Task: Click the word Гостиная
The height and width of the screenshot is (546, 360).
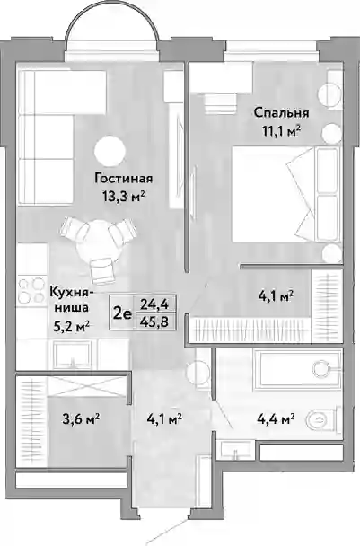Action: (124, 179)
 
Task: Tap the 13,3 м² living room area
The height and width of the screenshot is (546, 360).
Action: (124, 197)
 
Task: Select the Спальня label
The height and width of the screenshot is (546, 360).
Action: (281, 113)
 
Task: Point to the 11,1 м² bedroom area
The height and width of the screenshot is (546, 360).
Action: (281, 131)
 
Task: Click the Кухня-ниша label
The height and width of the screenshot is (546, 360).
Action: (71, 299)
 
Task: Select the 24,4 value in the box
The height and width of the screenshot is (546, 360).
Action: (154, 304)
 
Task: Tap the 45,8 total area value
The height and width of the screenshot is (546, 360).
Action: (154, 322)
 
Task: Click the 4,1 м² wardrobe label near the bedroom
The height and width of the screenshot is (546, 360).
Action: (276, 296)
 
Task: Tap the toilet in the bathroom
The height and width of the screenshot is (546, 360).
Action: (323, 419)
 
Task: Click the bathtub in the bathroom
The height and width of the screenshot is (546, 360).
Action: (298, 370)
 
